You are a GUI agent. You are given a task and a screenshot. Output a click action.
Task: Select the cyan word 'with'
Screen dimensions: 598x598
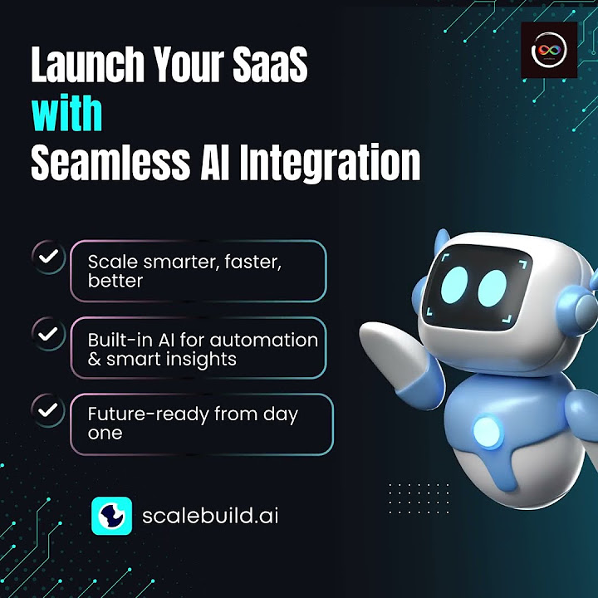pos(66,114)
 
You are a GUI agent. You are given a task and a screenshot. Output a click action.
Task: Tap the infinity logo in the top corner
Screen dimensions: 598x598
pos(548,51)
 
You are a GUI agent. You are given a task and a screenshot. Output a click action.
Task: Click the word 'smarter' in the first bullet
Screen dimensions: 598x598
pos(174,262)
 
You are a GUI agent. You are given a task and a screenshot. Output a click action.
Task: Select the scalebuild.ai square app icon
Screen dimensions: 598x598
pos(111,516)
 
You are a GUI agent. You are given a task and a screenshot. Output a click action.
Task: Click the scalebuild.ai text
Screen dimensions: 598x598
pos(210,516)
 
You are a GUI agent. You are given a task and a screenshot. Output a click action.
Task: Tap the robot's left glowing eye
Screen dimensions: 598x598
pos(455,285)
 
